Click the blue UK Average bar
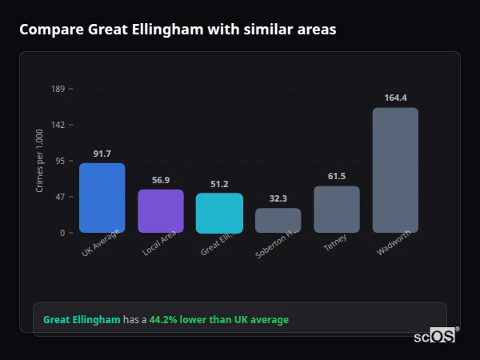click(x=102, y=198)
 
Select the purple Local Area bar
click(x=161, y=211)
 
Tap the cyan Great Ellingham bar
click(x=219, y=213)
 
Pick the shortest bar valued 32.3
click(x=278, y=221)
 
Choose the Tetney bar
click(x=337, y=210)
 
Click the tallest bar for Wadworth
click(x=395, y=170)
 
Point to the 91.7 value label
click(x=102, y=154)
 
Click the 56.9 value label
click(x=161, y=180)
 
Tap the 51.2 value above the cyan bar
click(x=219, y=184)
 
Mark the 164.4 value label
click(x=395, y=98)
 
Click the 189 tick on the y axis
click(x=58, y=89)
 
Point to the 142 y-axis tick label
click(x=58, y=125)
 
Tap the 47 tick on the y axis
click(x=60, y=197)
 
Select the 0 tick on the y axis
click(x=62, y=233)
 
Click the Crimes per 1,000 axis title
click(x=40, y=161)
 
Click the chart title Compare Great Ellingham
click(x=178, y=30)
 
